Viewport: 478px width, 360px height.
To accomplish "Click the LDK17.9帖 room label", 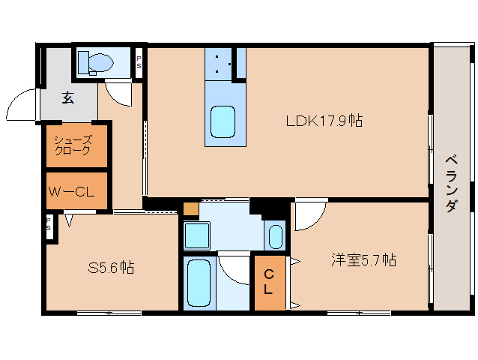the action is tap(324, 121).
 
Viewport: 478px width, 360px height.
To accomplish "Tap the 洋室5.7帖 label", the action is tap(364, 260).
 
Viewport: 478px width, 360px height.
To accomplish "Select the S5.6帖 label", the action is tap(112, 268).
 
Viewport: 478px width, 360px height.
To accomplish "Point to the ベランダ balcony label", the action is tap(452, 184).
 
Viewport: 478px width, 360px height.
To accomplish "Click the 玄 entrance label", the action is tap(68, 97).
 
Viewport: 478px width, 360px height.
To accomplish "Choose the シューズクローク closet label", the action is tap(73, 145).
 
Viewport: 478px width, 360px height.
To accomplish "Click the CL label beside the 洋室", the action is tap(268, 282).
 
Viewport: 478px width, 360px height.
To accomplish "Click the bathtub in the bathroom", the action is tap(199, 283).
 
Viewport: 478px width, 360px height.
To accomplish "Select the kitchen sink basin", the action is tap(223, 122).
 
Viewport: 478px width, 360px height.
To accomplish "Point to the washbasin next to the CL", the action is tap(276, 237).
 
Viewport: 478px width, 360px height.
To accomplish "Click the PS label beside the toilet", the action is tap(139, 62).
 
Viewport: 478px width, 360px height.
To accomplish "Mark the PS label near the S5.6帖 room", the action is tap(48, 224).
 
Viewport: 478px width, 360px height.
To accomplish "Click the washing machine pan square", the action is tap(197, 235).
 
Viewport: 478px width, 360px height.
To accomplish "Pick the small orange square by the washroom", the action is tap(191, 209).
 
